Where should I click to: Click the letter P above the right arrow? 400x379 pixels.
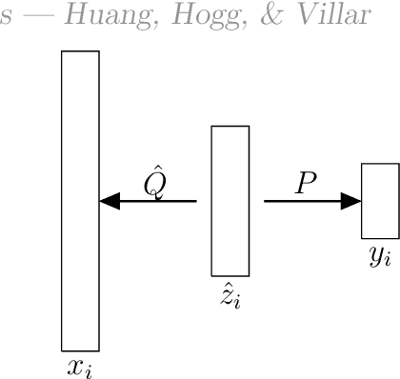[x=305, y=182]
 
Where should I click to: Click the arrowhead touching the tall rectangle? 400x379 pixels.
[x=110, y=201]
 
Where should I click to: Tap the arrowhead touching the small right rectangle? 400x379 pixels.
[x=351, y=201]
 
